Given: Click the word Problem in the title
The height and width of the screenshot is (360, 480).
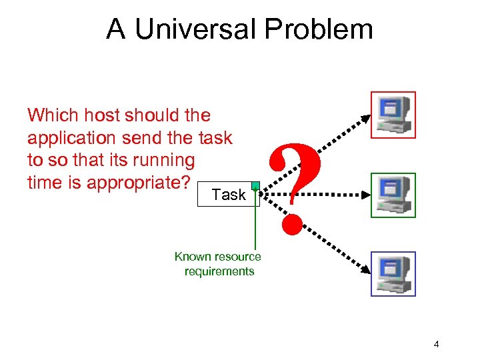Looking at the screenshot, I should point(319,29).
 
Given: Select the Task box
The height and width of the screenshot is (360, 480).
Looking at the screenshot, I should point(228,194).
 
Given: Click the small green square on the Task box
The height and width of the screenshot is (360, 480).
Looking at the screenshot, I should point(255,185).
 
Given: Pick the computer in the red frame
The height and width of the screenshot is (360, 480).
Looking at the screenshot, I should point(393,114).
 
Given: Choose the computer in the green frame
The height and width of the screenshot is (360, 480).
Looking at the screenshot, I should point(393,195).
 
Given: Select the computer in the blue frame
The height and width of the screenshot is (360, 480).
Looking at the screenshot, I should point(393,273).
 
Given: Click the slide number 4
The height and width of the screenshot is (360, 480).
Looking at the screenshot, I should point(436,344).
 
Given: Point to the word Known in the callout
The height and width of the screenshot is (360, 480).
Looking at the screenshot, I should point(193,257).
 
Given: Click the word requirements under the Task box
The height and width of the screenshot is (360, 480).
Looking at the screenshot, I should point(219,271).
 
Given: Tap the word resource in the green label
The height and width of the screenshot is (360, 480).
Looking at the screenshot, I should point(237,257).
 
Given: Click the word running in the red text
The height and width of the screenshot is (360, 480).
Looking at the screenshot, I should point(167,160).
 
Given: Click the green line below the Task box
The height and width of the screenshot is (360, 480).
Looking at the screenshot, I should point(255,227).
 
